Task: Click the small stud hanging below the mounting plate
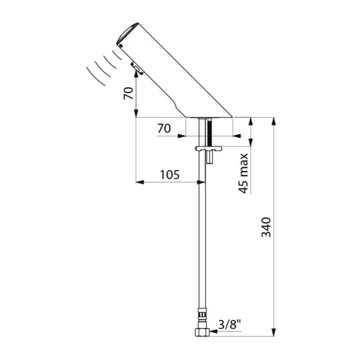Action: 209,157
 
